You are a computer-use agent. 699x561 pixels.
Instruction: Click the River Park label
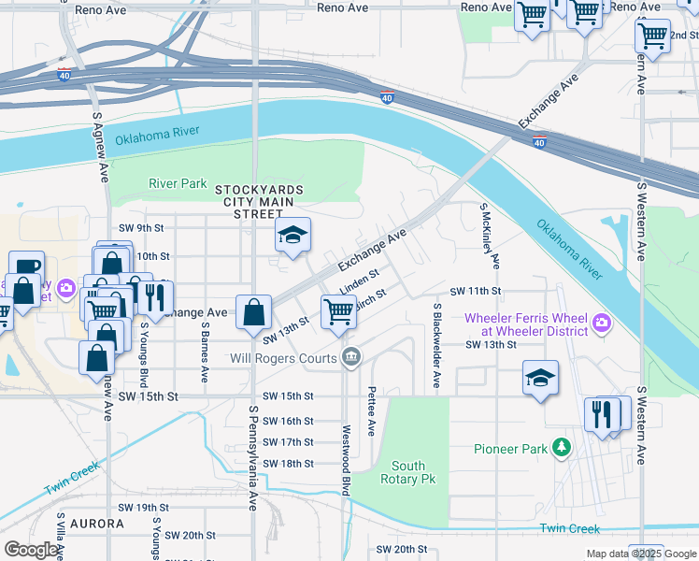click(x=178, y=183)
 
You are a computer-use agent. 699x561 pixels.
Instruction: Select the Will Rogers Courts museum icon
click(x=351, y=356)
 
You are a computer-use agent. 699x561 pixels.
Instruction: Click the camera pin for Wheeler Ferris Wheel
click(x=601, y=324)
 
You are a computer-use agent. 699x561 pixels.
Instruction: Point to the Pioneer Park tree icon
click(x=561, y=449)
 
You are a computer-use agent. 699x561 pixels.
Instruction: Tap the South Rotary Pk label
click(x=408, y=472)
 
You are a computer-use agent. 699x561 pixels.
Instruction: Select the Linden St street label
click(x=358, y=280)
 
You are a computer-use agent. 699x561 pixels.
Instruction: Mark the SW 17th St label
click(x=288, y=442)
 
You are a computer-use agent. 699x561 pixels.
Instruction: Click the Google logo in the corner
click(x=31, y=550)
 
